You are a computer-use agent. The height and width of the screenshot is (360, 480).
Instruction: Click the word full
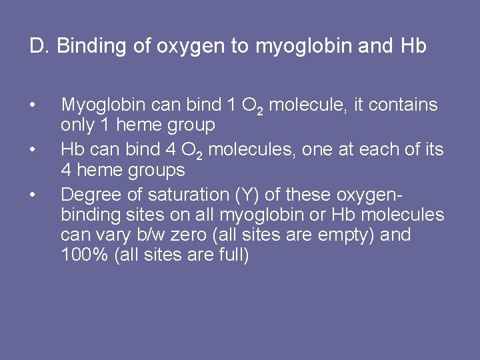coord(233,255)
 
